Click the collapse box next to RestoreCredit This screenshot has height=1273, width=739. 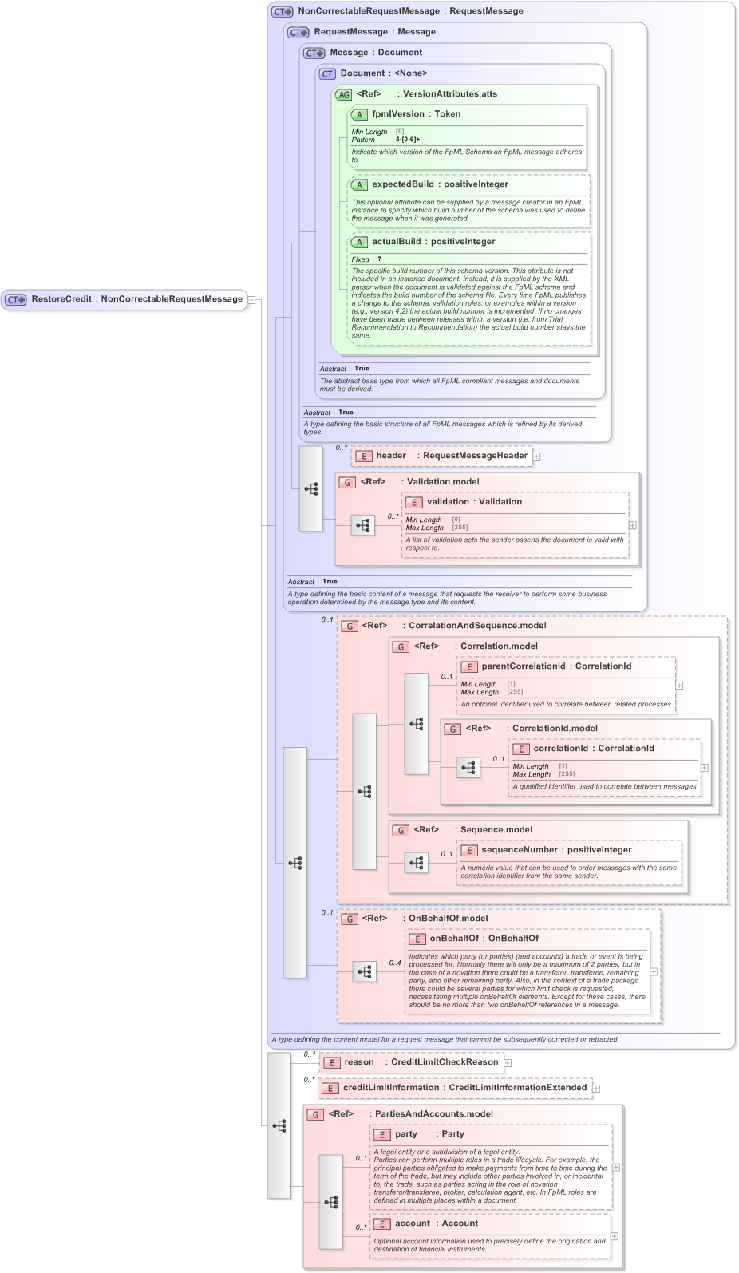[x=251, y=300]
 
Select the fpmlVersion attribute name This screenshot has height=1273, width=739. [x=397, y=114]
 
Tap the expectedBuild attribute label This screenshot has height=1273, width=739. [x=403, y=184]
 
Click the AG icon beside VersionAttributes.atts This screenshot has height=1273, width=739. [x=343, y=94]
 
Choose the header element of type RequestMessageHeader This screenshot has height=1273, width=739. [x=391, y=456]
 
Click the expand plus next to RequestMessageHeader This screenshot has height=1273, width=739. [x=537, y=457]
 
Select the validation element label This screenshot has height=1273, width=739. [x=448, y=502]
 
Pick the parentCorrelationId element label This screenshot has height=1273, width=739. [x=523, y=666]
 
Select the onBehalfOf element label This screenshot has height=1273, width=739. [x=454, y=939]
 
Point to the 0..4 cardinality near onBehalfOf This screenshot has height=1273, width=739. [x=394, y=963]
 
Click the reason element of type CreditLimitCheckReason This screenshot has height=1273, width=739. [x=358, y=1062]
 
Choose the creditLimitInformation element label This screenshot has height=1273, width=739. [x=390, y=1088]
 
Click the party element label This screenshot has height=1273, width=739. [x=405, y=1134]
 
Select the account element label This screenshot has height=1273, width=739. [x=412, y=1224]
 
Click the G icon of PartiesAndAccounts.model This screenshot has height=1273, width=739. [x=316, y=1115]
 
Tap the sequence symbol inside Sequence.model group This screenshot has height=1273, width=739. [x=417, y=863]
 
